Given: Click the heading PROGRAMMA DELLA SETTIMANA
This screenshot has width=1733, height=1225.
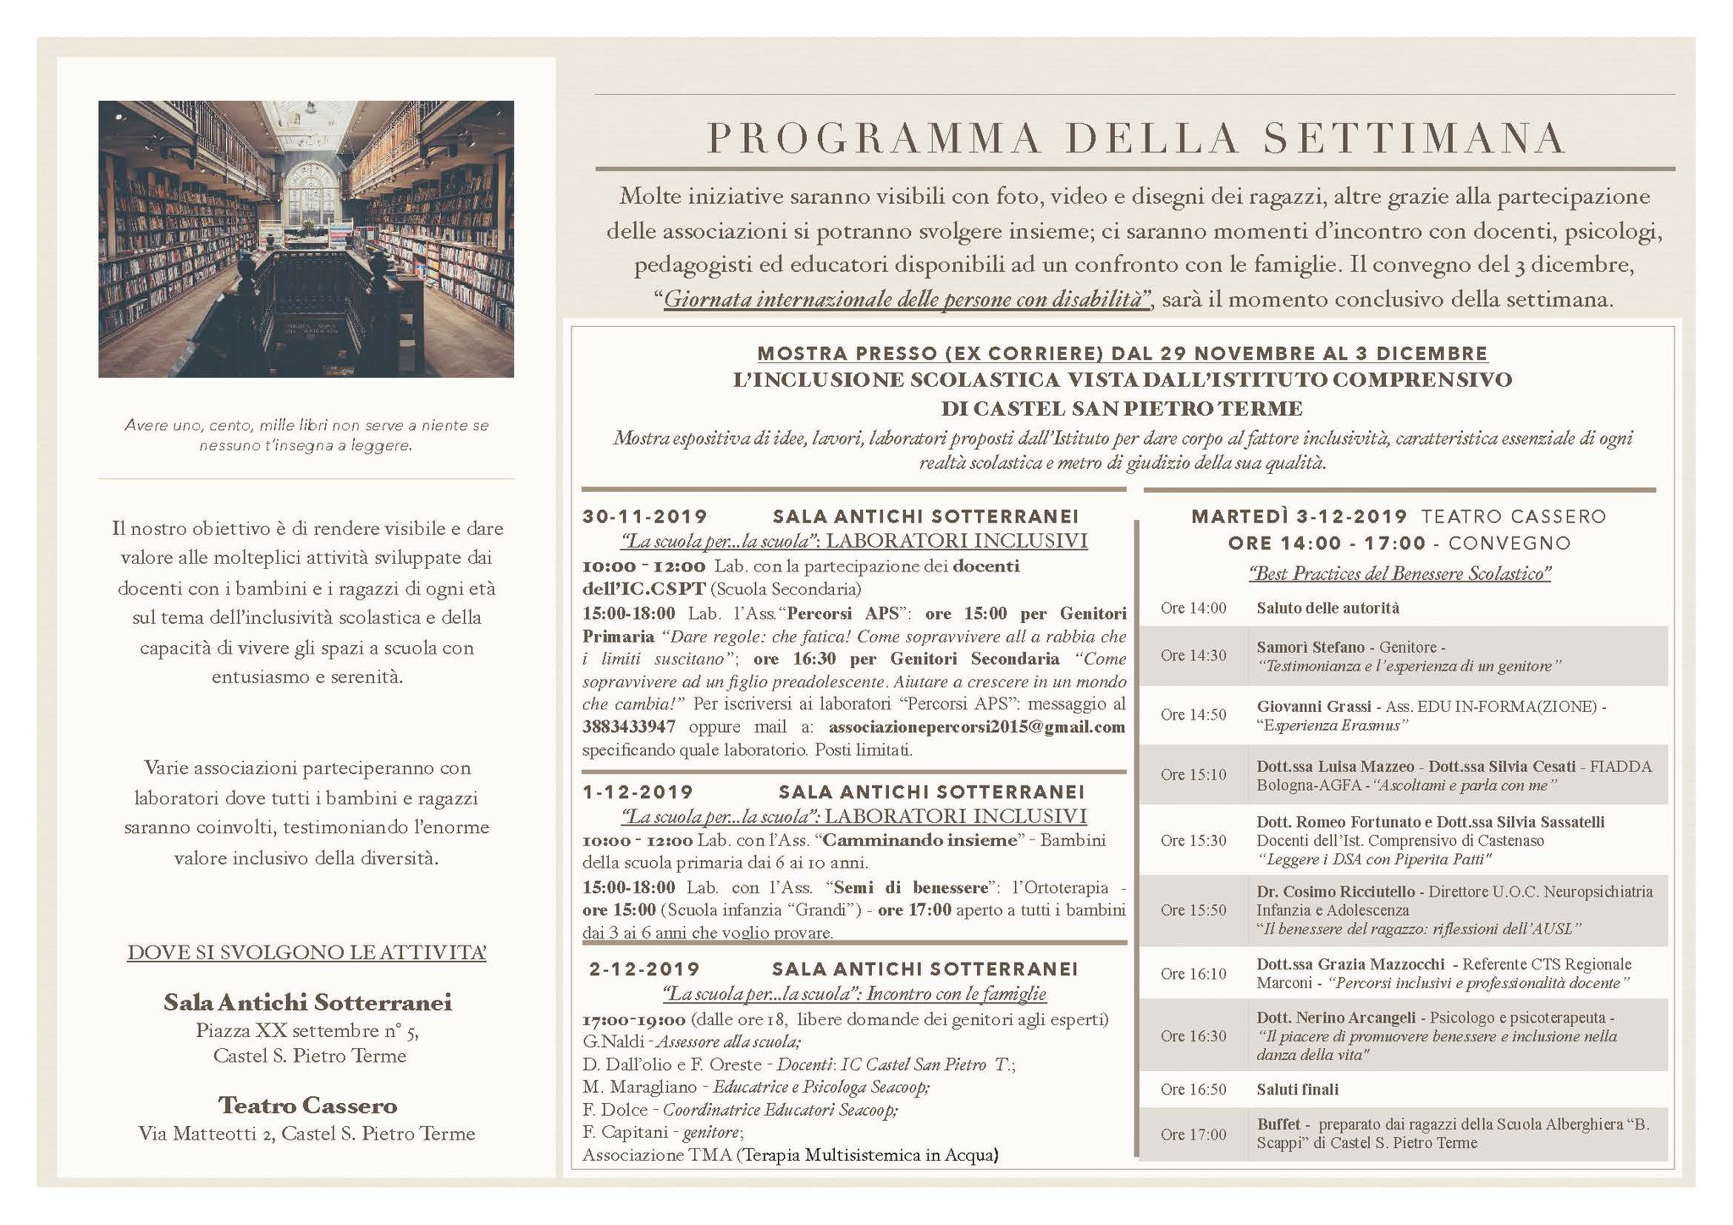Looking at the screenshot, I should [x=1134, y=139].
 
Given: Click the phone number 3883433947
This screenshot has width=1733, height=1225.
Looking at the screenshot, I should [x=629, y=727].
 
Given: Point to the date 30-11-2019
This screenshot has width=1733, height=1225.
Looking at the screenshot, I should [x=644, y=516].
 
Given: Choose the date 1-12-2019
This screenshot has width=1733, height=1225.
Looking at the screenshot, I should [x=637, y=792].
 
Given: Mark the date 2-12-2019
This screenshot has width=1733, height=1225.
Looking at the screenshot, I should [x=644, y=969].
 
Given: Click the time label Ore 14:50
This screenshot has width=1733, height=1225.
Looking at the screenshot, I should [x=1193, y=715].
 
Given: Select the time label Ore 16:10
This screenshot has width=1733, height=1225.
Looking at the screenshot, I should [x=1193, y=974].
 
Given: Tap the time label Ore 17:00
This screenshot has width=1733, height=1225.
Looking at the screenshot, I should [x=1193, y=1134].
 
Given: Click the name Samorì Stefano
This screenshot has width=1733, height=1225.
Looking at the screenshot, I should [x=1311, y=647].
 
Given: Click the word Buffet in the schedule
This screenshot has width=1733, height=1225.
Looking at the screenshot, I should [x=1278, y=1124].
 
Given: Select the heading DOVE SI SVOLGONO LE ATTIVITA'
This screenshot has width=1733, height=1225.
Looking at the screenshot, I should [x=306, y=952].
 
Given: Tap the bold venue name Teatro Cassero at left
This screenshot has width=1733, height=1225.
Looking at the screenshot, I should [x=307, y=1106].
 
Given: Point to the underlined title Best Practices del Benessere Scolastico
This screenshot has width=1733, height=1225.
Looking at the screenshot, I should [x=1399, y=573].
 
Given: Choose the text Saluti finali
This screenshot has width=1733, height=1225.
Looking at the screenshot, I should [x=1297, y=1090].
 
